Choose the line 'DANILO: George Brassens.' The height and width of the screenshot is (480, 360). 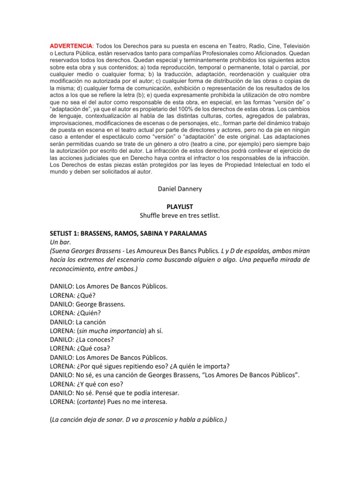pos(88,304)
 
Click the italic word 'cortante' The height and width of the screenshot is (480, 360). pos(96,402)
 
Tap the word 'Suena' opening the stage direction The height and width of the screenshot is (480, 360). pos(62,251)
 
